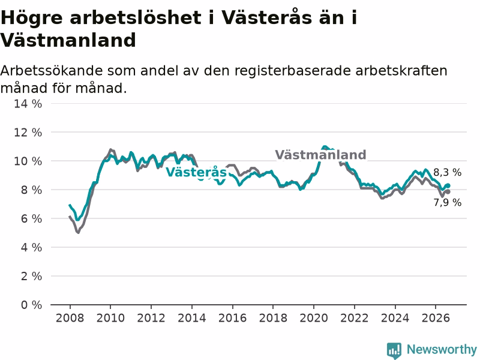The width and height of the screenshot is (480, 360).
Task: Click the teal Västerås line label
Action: pyautogui.click(x=196, y=172)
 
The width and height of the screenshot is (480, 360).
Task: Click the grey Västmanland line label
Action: pyautogui.click(x=320, y=155)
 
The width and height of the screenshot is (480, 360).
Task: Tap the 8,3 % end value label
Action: pyautogui.click(x=447, y=172)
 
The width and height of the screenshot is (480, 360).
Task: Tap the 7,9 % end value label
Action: pyautogui.click(x=447, y=202)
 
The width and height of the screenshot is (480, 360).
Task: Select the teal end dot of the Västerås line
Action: pyautogui.click(x=448, y=185)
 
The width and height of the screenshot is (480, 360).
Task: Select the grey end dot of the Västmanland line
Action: pyautogui.click(x=448, y=191)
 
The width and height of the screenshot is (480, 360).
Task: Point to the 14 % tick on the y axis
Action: pyautogui.click(x=28, y=104)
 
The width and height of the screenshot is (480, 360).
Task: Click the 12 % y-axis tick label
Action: pyautogui.click(x=28, y=133)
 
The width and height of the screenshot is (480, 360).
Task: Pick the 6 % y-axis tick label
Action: pyautogui.click(x=31, y=218)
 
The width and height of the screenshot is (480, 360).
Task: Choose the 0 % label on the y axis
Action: pyautogui.click(x=31, y=305)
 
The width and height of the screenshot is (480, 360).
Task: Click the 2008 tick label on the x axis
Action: pyautogui.click(x=70, y=318)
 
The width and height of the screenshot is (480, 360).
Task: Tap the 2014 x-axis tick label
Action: pyautogui.click(x=191, y=318)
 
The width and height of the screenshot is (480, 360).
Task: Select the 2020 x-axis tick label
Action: pyautogui.click(x=313, y=318)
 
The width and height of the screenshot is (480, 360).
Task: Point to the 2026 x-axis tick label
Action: pyautogui.click(x=436, y=318)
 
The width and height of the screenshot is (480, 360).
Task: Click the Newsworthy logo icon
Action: pyautogui.click(x=394, y=350)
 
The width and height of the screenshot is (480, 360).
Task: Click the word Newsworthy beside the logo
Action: pyautogui.click(x=442, y=349)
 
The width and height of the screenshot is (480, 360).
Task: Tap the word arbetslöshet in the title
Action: pyautogui.click(x=136, y=17)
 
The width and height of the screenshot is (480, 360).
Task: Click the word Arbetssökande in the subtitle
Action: pyautogui.click(x=52, y=71)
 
